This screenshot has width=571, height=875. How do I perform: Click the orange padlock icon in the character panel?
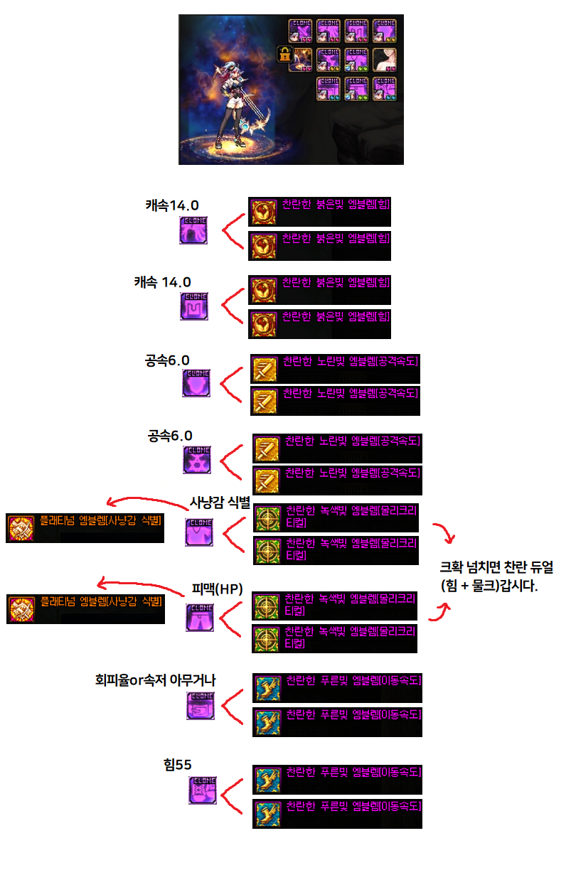[284, 55]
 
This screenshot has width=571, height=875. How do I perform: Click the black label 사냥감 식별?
[220, 503]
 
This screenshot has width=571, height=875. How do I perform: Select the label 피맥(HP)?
[218, 589]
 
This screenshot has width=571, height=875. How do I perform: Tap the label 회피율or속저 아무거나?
[155, 680]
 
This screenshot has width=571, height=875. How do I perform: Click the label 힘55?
[178, 765]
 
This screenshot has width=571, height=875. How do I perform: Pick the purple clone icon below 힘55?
[203, 790]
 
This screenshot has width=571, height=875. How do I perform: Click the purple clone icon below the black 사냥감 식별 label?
[198, 532]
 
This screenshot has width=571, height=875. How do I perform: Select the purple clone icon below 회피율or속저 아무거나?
[200, 705]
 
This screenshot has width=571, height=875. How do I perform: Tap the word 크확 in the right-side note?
[453, 569]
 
